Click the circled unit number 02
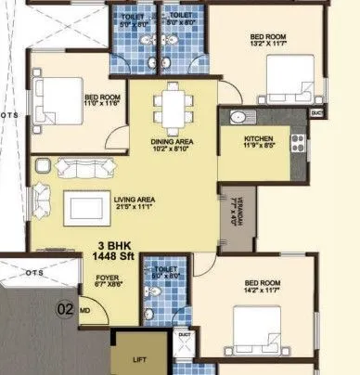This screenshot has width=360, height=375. [66, 309]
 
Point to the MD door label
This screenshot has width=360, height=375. [84, 311]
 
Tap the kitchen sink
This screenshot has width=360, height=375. [237, 118]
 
